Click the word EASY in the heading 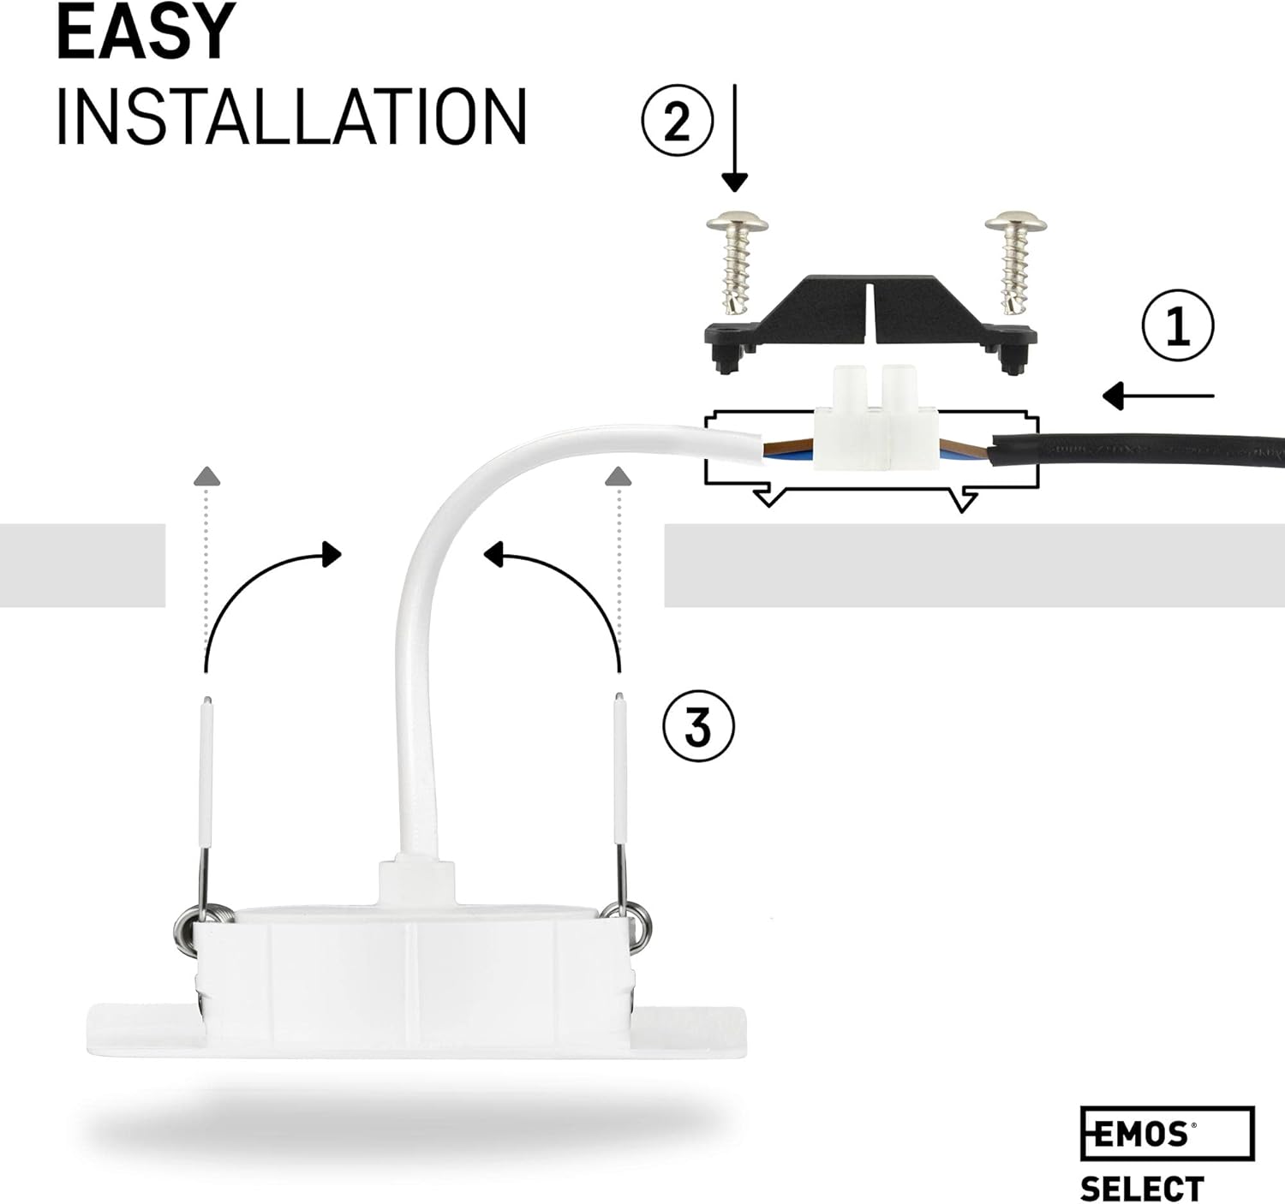tap(146, 32)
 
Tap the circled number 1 tap(1178, 327)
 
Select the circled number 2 tap(677, 122)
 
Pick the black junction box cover tap(870, 322)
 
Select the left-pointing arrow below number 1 tap(1156, 396)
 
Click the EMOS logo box tap(1166, 1133)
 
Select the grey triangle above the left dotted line tap(206, 476)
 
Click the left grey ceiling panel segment tap(82, 565)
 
